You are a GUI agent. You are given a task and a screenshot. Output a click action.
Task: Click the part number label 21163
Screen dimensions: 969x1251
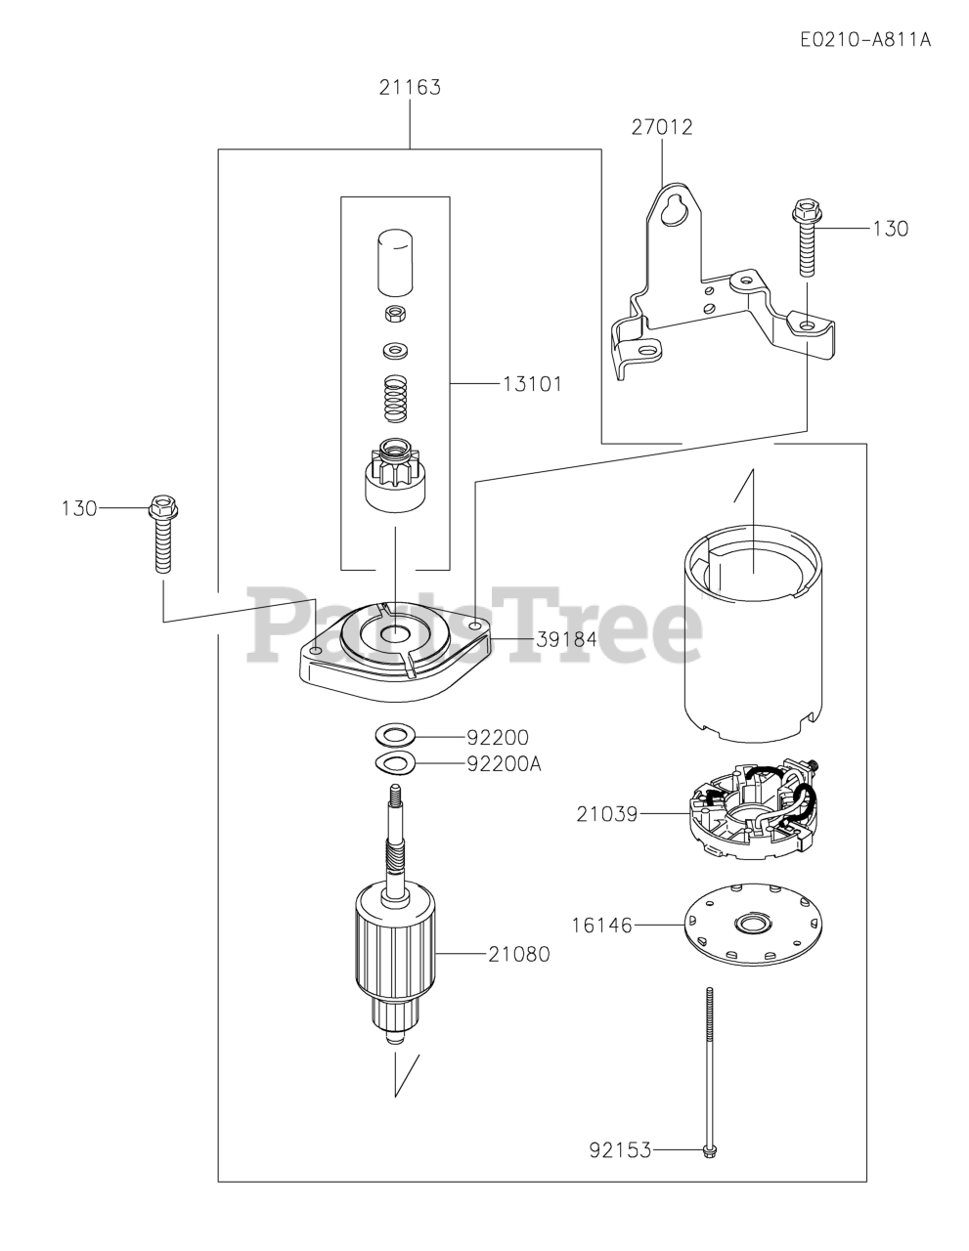click(x=410, y=87)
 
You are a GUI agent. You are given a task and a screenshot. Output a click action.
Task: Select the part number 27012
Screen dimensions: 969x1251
click(x=661, y=127)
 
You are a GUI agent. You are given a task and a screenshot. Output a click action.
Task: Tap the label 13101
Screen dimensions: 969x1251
click(x=532, y=384)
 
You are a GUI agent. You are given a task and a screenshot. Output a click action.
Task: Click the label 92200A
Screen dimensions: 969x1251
click(x=504, y=763)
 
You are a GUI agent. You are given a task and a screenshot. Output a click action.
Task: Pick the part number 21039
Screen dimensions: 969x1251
click(x=606, y=813)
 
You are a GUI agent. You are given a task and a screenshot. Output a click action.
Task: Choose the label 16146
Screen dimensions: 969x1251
click(x=602, y=924)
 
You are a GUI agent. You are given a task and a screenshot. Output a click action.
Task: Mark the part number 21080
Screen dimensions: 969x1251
click(x=518, y=954)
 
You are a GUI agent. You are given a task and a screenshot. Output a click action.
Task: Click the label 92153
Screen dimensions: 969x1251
click(x=620, y=1150)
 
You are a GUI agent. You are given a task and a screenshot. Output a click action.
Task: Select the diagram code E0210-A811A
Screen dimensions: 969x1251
click(x=864, y=40)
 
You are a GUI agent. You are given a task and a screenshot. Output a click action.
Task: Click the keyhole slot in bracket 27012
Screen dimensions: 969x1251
click(x=674, y=209)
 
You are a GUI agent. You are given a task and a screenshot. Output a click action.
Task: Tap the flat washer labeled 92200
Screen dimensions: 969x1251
click(x=395, y=733)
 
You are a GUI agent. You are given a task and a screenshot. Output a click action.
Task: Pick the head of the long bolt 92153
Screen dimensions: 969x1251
click(x=709, y=1151)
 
